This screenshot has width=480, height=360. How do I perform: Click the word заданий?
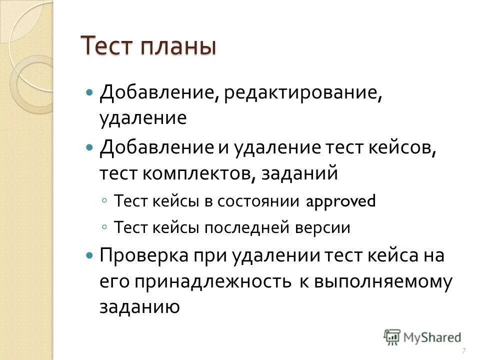click(306, 173)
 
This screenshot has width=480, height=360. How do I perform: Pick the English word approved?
click(340, 201)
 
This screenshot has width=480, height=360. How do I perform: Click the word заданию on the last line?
click(139, 307)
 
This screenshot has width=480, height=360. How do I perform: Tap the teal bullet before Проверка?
click(89, 256)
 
